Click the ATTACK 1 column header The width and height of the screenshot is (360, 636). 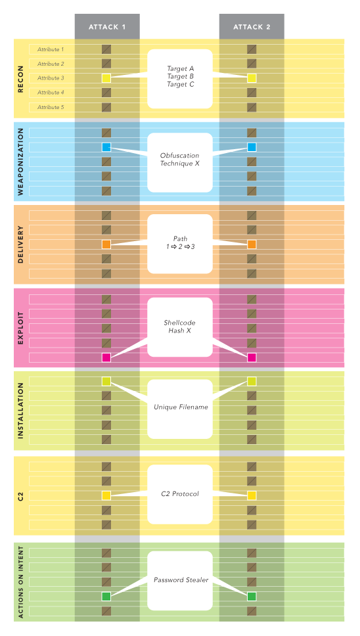[107, 27]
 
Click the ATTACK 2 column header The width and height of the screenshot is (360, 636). [252, 27]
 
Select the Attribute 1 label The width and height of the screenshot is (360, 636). [51, 49]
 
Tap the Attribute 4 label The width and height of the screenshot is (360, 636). [51, 93]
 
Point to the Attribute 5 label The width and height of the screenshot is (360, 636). [51, 107]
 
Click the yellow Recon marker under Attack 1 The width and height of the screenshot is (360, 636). [106, 78]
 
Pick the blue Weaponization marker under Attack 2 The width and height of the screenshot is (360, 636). [252, 147]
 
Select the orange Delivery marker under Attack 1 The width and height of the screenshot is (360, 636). [106, 244]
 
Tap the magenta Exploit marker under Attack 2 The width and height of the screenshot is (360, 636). [252, 357]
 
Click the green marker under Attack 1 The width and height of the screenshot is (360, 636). [106, 597]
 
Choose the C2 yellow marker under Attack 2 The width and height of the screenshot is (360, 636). [252, 495]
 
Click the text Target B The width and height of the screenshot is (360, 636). [181, 76]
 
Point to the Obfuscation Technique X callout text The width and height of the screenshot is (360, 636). [179, 160]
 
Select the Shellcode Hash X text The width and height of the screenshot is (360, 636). [179, 327]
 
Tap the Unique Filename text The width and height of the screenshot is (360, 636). [181, 407]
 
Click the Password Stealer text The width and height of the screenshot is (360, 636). [181, 580]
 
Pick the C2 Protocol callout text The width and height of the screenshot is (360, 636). [180, 493]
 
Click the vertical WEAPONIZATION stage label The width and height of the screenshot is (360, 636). [20, 162]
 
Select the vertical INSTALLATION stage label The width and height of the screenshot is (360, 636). [20, 411]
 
